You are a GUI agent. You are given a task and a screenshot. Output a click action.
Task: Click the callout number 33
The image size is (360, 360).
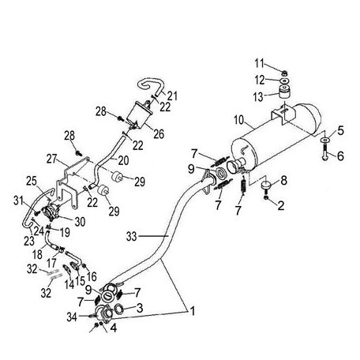point(132,236)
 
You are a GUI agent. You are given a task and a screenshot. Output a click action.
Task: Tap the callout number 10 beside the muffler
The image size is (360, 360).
point(239,120)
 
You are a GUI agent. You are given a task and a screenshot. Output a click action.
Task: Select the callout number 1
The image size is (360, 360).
point(193,311)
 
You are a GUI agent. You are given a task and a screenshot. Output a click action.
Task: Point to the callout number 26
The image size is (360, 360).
point(159,134)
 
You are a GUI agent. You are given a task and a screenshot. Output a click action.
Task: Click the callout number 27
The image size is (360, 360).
point(52,159)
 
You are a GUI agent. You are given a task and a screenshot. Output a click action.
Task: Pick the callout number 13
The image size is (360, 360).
point(258,97)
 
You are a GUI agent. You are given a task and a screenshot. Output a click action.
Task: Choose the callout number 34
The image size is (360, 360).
point(72,317)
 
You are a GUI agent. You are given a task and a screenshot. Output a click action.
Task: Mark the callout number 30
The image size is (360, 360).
point(80,222)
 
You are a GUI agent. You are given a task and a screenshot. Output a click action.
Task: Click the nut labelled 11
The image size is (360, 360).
point(284,73)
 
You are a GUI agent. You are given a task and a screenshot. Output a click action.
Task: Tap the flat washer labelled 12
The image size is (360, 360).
point(284,80)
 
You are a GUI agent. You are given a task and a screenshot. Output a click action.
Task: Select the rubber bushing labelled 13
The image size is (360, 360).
point(284,92)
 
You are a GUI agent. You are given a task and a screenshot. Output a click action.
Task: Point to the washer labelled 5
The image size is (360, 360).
point(325,140)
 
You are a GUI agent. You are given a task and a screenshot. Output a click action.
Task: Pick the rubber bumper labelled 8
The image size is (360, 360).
point(267,185)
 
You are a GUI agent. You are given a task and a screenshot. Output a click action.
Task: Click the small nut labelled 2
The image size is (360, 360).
point(266,197)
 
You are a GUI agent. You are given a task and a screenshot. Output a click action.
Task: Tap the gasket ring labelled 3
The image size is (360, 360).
point(119,309)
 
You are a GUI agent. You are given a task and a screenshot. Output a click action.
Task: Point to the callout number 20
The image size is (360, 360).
point(123,160)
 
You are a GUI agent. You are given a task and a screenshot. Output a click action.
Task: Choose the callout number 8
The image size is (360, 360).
point(283,181)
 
